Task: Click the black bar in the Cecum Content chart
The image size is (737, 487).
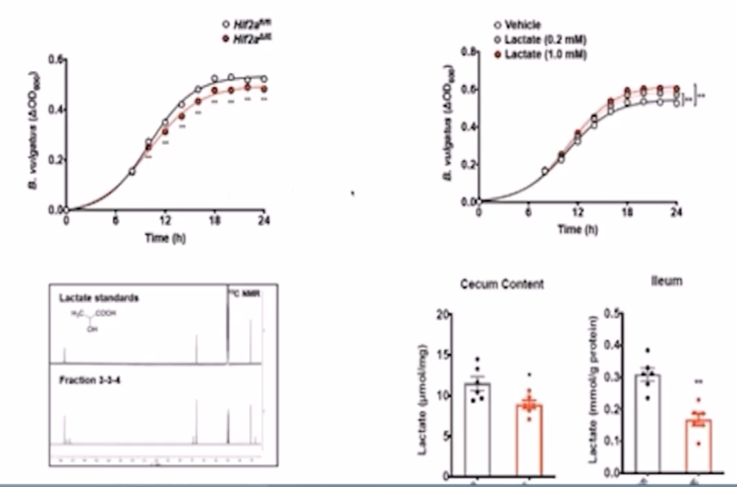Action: coord(477,429)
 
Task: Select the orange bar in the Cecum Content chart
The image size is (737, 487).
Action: coord(530,440)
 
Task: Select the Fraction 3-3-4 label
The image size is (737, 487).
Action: coord(89,381)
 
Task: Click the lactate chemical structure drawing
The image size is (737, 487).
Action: coord(95,320)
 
